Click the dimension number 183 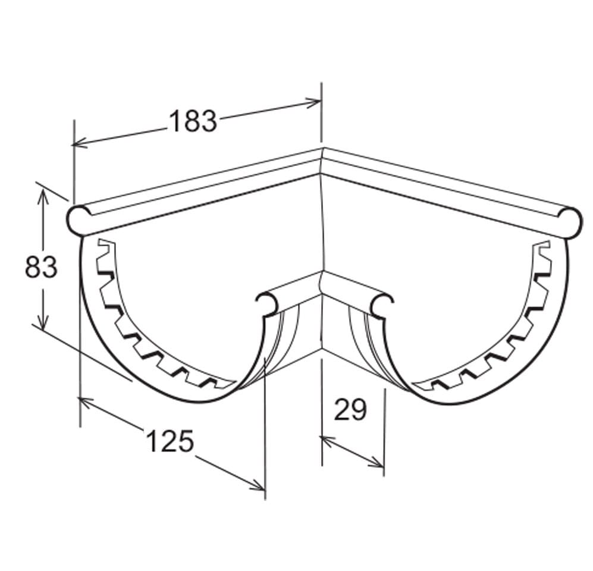point(193,121)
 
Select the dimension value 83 point(41,267)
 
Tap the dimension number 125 point(170,441)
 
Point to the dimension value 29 point(350,410)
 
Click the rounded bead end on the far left point(77,220)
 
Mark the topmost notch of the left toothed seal point(106,244)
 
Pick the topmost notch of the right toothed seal point(542,245)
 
